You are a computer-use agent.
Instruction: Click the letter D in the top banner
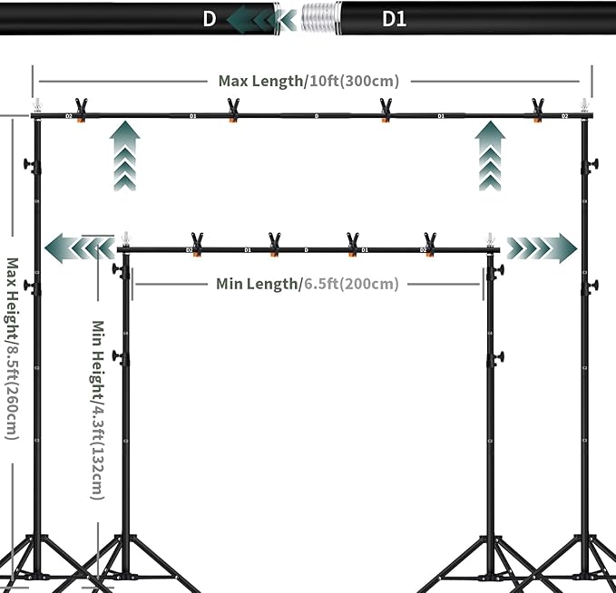tap(210, 18)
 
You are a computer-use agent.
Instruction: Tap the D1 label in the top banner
tap(395, 18)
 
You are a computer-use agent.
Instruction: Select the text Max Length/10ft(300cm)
tap(308, 81)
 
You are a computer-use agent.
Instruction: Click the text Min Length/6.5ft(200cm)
tap(307, 284)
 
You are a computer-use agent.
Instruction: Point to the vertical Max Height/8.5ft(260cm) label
tap(12, 349)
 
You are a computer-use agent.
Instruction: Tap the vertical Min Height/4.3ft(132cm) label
tap(99, 410)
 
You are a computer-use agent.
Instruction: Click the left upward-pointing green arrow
tap(125, 158)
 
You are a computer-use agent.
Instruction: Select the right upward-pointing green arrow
tap(491, 158)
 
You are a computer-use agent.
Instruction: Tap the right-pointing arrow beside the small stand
tap(543, 247)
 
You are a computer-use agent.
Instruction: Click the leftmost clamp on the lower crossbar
tap(197, 243)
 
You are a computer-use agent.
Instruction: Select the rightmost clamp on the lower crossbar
tap(429, 243)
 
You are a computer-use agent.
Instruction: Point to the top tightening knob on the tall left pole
tap(33, 166)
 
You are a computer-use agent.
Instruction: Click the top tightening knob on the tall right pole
tap(592, 165)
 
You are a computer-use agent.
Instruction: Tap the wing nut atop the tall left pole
tap(38, 105)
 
